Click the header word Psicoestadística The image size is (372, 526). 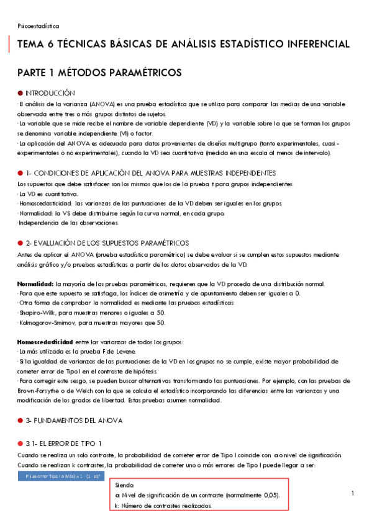click(39, 26)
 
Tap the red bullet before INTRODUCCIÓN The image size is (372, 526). click(20, 92)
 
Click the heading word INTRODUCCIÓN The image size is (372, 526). click(50, 92)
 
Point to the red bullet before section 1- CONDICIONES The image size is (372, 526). click(20, 172)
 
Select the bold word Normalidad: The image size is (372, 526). click(39, 283)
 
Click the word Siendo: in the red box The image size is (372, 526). click(125, 486)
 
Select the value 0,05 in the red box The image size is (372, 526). click(268, 496)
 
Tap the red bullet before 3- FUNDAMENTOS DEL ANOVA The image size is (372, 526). click(20, 421)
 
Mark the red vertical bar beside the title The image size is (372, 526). click(10, 45)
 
